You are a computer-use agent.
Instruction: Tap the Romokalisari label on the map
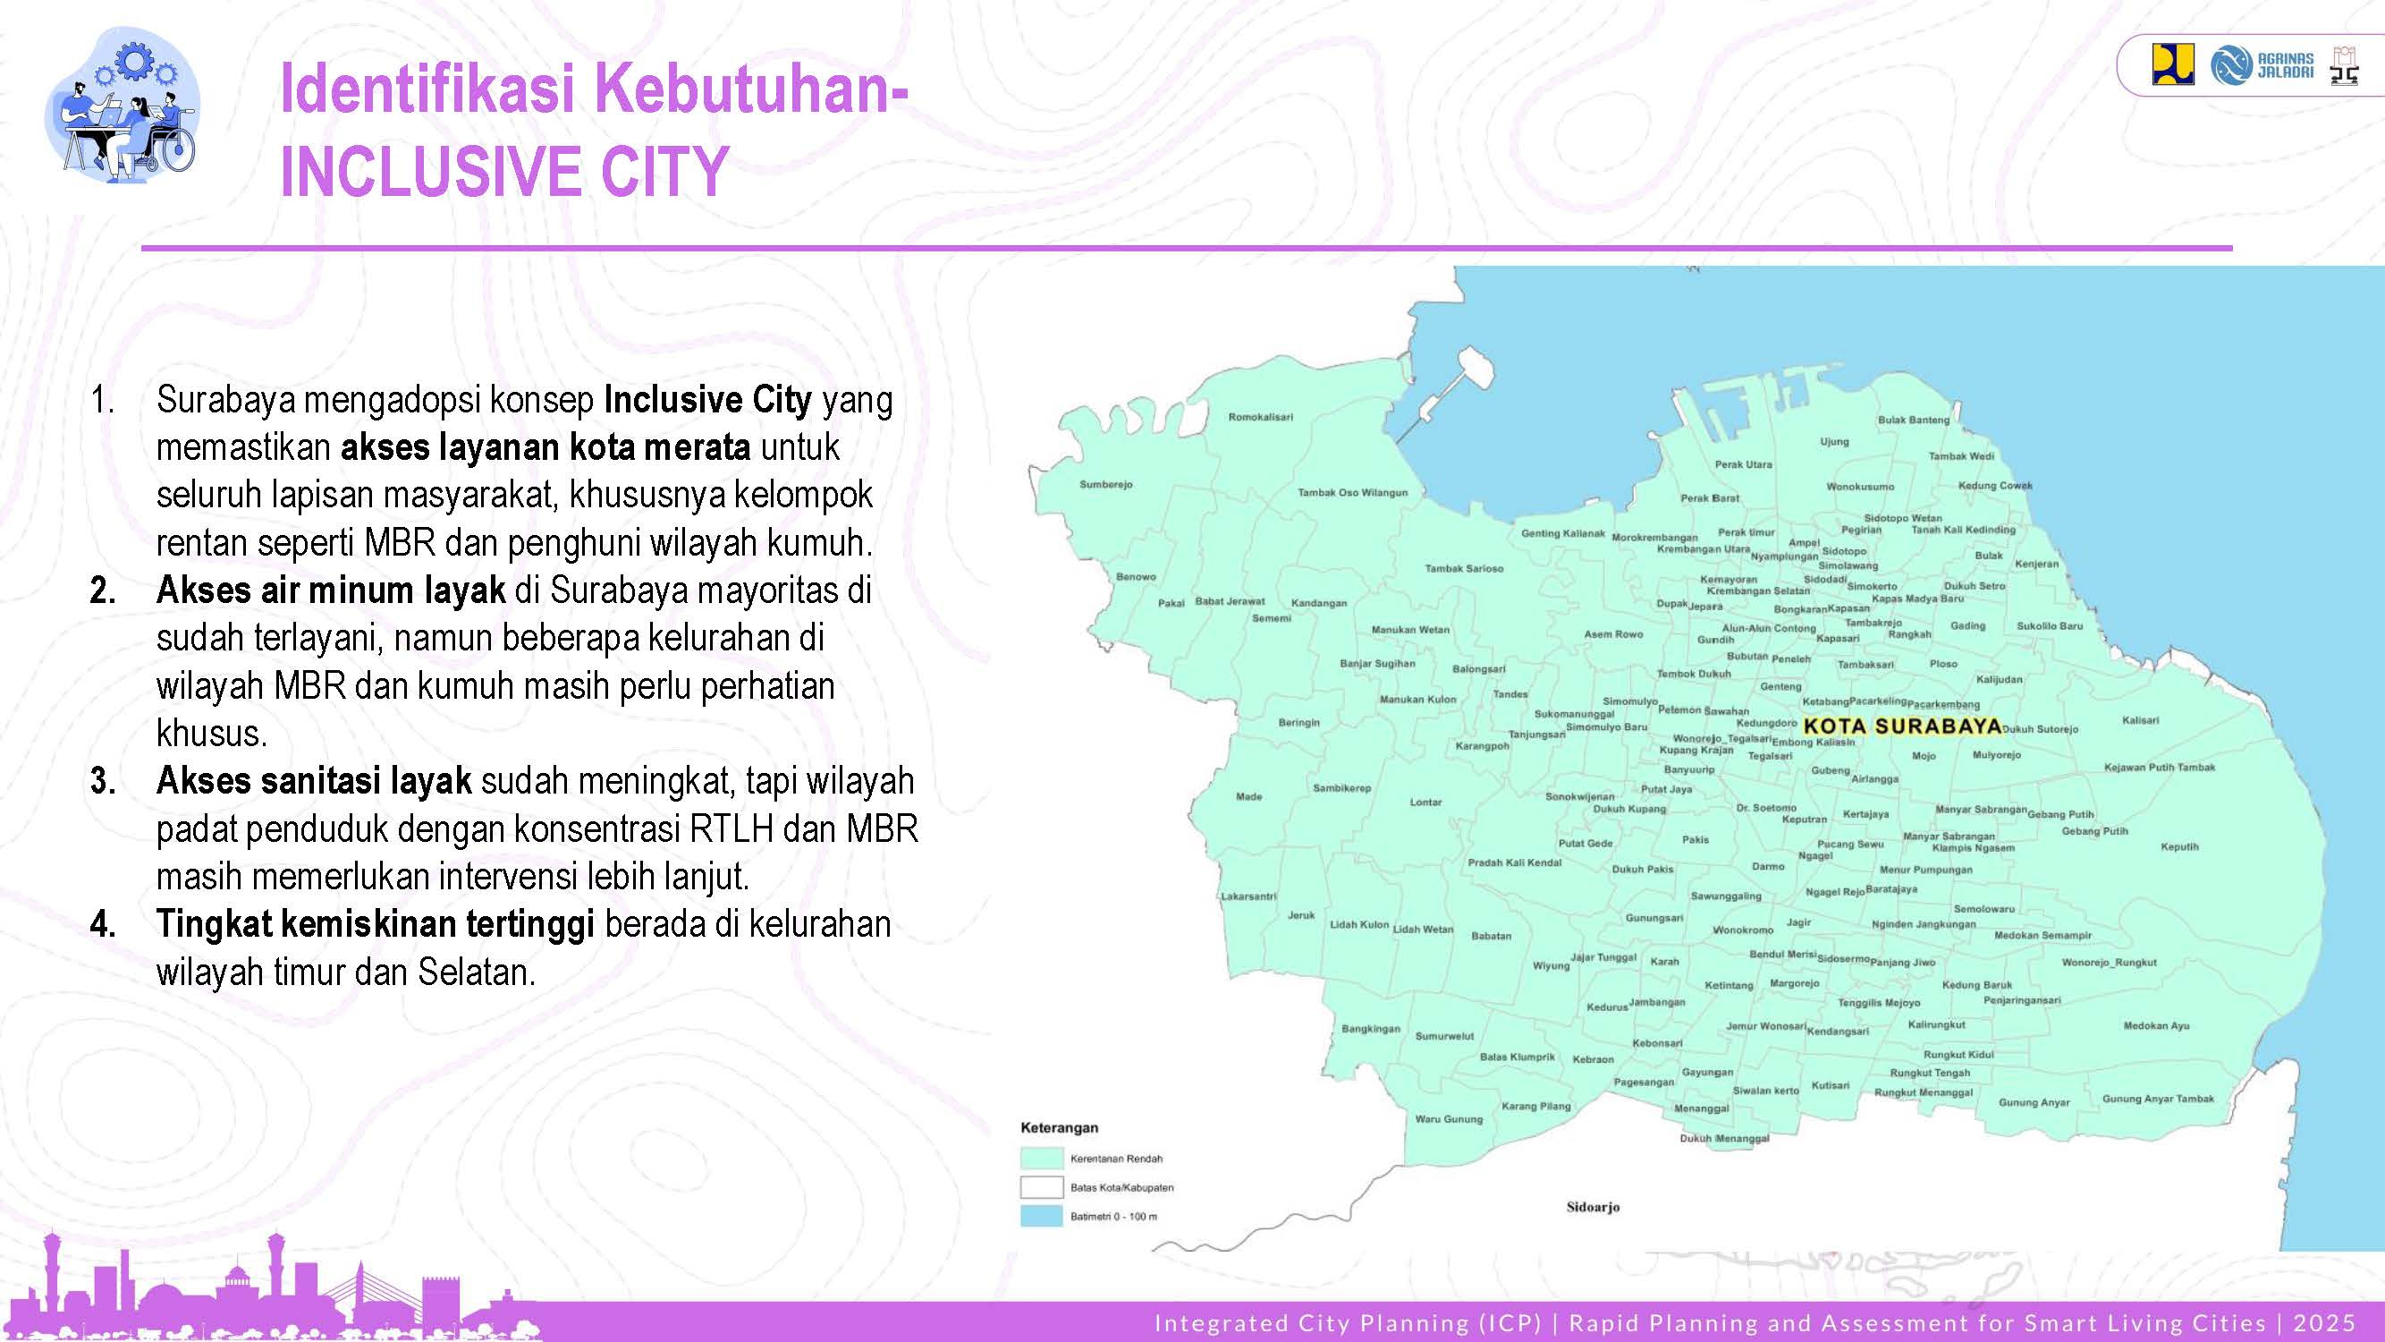point(1260,417)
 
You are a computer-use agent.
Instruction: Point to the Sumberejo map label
point(1105,484)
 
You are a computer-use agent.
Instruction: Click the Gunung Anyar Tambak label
point(2157,1099)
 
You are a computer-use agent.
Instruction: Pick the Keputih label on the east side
point(2178,846)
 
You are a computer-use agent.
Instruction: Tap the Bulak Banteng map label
point(1913,420)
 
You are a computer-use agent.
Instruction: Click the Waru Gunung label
point(1448,1119)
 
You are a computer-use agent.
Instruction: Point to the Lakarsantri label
point(1248,896)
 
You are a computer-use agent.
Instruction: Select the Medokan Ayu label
point(2156,1025)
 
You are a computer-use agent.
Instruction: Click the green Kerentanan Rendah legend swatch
point(1041,1159)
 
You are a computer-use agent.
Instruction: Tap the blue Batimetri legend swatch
point(1041,1216)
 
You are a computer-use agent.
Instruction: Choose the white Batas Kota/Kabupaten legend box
point(1041,1187)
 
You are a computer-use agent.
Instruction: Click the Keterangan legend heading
point(1058,1128)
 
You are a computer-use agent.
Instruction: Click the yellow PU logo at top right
point(2171,64)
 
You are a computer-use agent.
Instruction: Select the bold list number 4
point(103,924)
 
